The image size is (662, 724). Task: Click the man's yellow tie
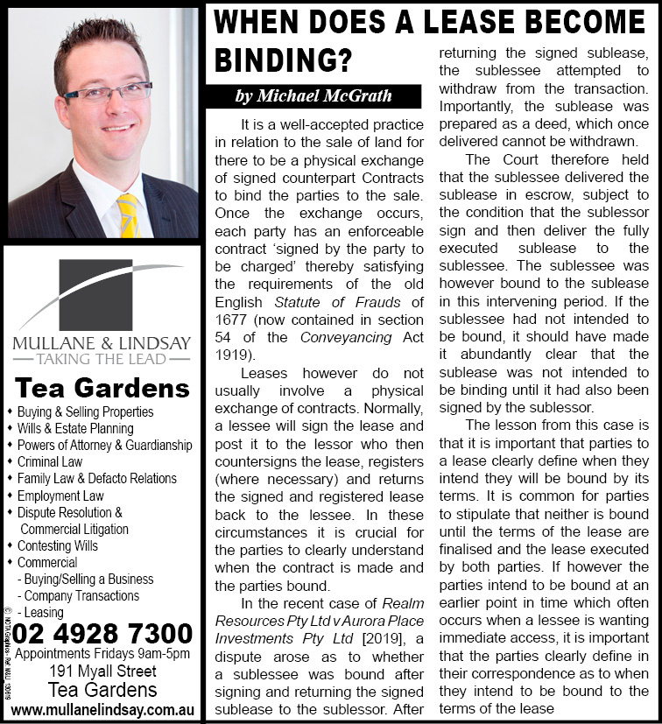(128, 214)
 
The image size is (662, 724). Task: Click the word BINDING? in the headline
(283, 60)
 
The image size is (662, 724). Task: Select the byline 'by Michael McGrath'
(313, 95)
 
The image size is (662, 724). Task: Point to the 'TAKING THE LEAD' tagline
(102, 359)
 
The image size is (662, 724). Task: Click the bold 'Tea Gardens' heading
(102, 388)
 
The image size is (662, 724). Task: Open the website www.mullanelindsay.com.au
(102, 708)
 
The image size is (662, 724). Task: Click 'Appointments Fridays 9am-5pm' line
(102, 654)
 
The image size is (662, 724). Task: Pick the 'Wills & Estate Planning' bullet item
(75, 428)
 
